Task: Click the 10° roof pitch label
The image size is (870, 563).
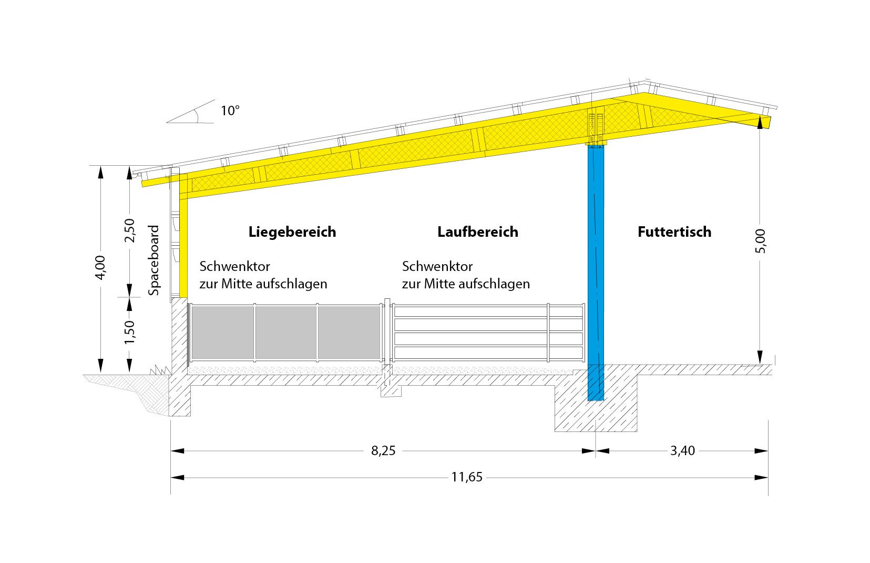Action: point(230,111)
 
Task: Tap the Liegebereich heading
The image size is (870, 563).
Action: point(292,232)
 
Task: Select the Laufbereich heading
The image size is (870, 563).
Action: point(477,232)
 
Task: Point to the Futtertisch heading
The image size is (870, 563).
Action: point(674,232)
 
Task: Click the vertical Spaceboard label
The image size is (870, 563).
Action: point(154,260)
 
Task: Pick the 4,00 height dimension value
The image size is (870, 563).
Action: point(100,267)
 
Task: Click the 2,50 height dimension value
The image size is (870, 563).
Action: point(129,230)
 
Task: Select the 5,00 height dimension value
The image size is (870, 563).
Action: point(760,241)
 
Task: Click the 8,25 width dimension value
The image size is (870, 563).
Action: point(383,451)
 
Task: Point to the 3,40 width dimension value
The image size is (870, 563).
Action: point(682,451)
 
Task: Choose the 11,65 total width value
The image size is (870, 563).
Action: point(467,478)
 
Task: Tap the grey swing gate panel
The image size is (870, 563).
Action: point(285,333)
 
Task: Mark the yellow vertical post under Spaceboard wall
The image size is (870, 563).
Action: point(183,247)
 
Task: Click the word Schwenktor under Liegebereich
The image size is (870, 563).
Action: point(234,266)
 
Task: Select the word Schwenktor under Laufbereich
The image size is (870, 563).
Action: point(437,266)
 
